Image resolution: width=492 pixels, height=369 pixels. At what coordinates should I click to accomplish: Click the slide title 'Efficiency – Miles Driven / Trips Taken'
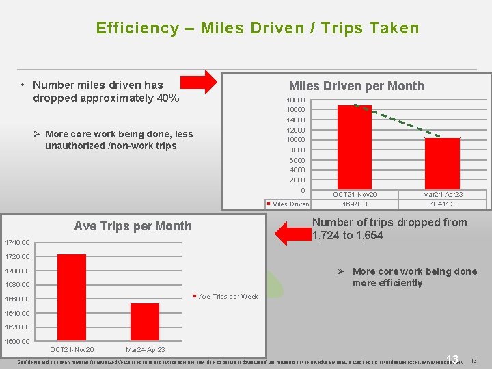pos(257,28)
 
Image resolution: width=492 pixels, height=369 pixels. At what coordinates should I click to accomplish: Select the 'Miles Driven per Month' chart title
pos(356,86)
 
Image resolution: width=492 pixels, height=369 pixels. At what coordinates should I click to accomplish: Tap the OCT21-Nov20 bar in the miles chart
pos(354,147)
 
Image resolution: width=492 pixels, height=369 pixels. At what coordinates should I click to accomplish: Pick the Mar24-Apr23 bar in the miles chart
pos(442,163)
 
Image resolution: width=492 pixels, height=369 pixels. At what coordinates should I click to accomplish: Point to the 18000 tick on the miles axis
pos(295,100)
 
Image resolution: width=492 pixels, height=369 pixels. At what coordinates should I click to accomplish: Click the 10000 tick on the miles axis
pos(295,140)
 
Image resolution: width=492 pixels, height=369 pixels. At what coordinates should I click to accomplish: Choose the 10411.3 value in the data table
pos(442,204)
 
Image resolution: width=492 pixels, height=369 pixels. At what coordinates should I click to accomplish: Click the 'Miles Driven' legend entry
pos(290,204)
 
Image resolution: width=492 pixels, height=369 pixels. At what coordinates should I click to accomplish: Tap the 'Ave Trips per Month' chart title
pos(133,226)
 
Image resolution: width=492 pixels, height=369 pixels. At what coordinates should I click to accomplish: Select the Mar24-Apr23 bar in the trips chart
pos(144,322)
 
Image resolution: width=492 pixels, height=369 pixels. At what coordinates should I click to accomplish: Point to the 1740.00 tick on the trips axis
pos(16,242)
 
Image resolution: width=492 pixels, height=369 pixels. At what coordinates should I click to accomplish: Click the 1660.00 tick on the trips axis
pos(16,299)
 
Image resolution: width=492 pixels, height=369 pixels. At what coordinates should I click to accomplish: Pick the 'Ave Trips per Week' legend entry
pos(228,297)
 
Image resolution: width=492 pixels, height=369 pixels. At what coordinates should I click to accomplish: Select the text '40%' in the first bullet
pos(167,98)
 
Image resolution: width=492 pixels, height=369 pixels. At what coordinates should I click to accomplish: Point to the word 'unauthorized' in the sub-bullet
pos(74,146)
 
